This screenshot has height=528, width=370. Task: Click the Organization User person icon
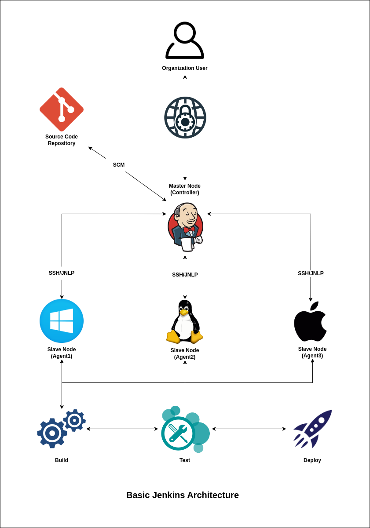tap(185, 40)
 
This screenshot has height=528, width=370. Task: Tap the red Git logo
tap(62, 109)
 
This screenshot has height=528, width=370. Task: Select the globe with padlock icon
tap(185, 118)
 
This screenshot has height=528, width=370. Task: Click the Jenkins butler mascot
tap(185, 227)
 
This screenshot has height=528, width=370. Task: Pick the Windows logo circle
tap(62, 321)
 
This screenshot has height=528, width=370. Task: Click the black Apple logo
tap(311, 322)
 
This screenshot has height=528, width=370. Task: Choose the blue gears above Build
tap(61, 429)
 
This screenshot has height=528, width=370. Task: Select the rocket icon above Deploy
tap(312, 429)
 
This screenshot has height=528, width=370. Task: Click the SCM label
tap(119, 165)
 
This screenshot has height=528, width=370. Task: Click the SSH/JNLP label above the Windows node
tap(62, 273)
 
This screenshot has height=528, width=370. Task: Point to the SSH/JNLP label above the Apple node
tap(311, 273)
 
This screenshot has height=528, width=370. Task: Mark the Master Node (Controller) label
tap(185, 189)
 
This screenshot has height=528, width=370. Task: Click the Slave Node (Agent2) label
tap(185, 353)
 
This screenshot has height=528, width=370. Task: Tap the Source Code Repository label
tap(62, 140)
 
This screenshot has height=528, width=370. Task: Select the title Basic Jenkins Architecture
tap(183, 495)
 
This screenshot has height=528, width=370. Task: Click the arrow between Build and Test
tap(122, 429)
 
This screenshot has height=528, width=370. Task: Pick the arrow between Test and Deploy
tap(249, 429)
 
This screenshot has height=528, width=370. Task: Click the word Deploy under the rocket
tap(312, 460)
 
